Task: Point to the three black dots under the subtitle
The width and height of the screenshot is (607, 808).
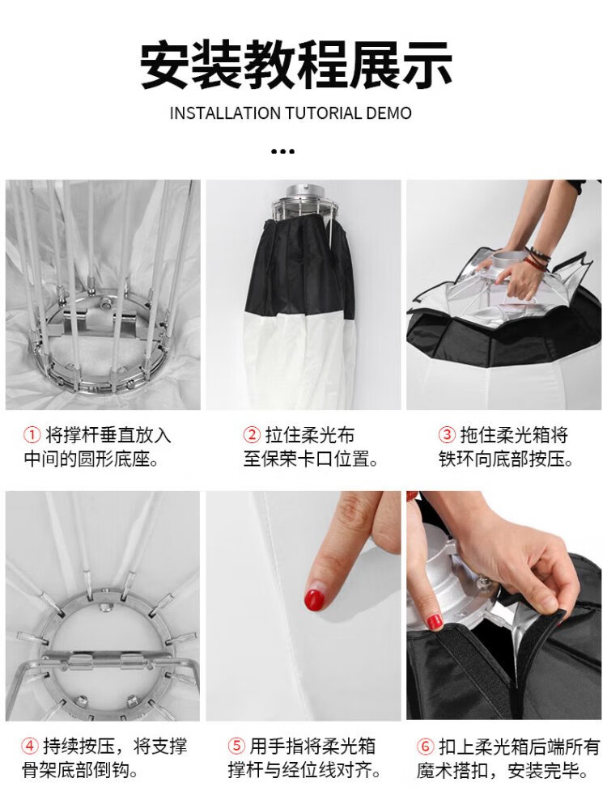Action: (282, 151)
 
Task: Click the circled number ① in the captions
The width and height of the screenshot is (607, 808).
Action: (32, 435)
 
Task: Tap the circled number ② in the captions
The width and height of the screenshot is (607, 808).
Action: (252, 435)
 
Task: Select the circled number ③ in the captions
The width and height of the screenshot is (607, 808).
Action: (447, 435)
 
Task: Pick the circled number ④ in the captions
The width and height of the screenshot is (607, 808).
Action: (30, 746)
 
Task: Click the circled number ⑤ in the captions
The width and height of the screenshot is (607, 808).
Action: (236, 746)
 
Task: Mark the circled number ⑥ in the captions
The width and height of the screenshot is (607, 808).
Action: (426, 746)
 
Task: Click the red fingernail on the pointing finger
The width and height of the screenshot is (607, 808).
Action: (315, 599)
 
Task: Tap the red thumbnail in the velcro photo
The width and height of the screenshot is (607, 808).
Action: (435, 621)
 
